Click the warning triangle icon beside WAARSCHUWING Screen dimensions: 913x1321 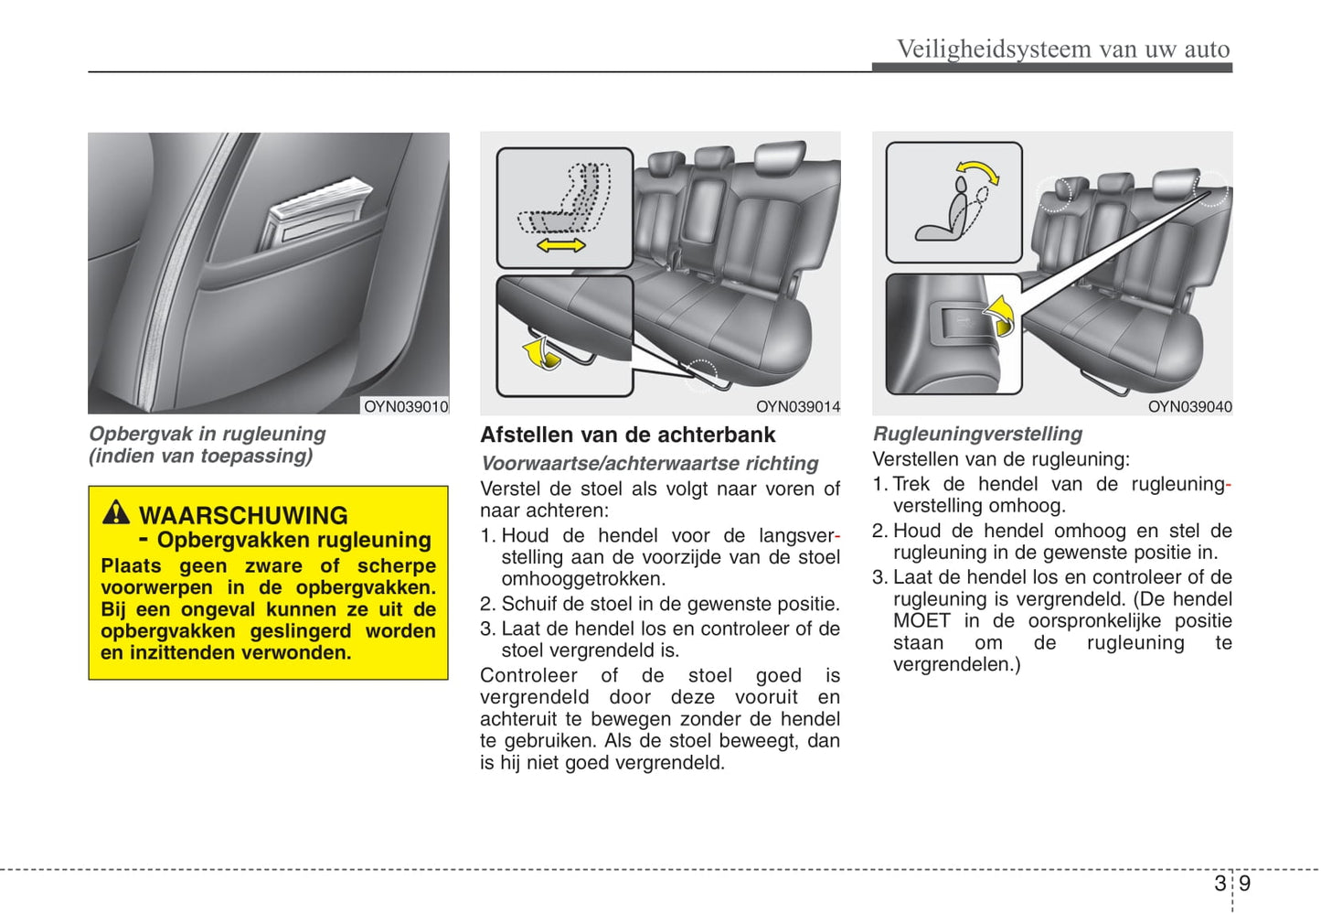tap(116, 512)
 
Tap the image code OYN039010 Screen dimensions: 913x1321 tap(406, 406)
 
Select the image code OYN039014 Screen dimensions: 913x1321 tap(798, 406)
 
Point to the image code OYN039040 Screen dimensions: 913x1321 tap(1189, 406)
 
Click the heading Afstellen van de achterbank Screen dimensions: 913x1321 tap(627, 435)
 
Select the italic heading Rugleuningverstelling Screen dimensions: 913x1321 tap(977, 434)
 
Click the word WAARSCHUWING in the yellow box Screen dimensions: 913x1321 tap(243, 515)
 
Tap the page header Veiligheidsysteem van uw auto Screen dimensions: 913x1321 tap(1063, 48)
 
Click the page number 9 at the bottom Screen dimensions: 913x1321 tap(1245, 883)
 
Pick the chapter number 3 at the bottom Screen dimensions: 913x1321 tap(1220, 883)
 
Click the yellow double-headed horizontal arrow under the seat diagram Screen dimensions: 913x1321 tap(560, 245)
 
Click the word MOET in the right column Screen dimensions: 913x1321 tap(922, 620)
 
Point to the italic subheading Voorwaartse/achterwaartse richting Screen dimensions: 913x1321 tap(649, 464)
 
